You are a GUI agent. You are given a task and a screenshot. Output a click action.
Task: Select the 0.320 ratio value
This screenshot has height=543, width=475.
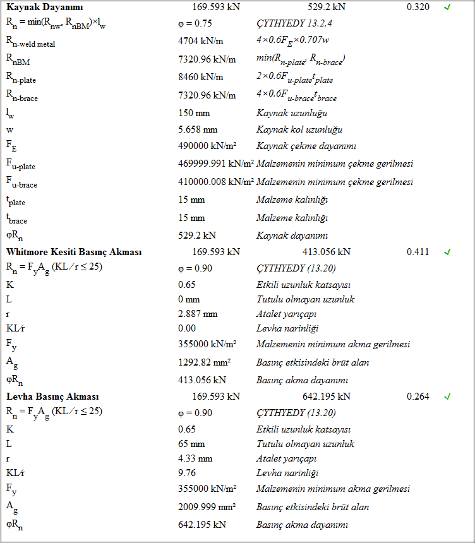tap(418, 7)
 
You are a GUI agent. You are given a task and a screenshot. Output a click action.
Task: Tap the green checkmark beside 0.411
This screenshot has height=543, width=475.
tap(447, 252)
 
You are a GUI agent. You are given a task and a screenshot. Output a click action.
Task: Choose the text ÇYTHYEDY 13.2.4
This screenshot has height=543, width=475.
tap(294, 23)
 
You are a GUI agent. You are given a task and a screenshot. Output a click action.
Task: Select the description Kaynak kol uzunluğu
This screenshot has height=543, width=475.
tap(299, 130)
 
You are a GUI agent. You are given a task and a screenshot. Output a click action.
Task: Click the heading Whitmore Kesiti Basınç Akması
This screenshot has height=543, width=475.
tap(74, 252)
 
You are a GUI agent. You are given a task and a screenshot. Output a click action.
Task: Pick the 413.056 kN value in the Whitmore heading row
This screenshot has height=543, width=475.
tap(327, 252)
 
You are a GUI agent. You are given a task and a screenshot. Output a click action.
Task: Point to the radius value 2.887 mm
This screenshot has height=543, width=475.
tap(198, 314)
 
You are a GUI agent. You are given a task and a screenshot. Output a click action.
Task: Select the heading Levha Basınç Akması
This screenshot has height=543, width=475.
tap(52, 397)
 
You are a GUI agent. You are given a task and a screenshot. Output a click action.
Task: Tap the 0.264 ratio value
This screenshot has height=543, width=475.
tap(418, 397)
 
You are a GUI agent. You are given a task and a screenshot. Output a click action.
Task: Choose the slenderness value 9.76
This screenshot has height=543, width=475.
tap(187, 473)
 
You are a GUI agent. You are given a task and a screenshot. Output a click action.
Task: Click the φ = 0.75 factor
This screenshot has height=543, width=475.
tap(195, 23)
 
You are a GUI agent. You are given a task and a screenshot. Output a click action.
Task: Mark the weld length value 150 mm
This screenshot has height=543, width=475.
tap(194, 113)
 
